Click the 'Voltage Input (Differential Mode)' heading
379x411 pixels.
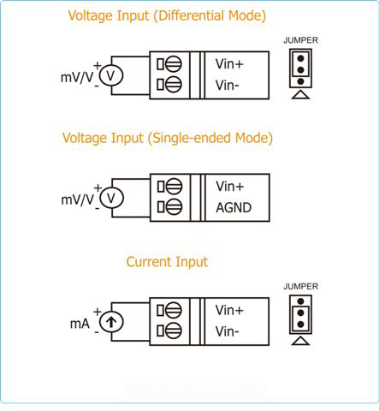[x=167, y=15]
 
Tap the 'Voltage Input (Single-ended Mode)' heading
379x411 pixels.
[x=168, y=138]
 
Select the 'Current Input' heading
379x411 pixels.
[x=167, y=262]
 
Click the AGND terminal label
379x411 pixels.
[x=234, y=207]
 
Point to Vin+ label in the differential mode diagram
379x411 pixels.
[x=229, y=64]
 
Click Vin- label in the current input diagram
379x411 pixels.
[x=228, y=331]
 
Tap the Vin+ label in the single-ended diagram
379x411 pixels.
[x=230, y=187]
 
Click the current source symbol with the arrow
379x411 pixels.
[x=111, y=322]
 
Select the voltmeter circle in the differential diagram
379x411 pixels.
[x=111, y=75]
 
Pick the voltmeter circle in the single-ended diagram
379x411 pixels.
[x=111, y=198]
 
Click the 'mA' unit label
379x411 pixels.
[x=80, y=324]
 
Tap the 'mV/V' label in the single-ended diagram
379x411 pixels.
[x=78, y=200]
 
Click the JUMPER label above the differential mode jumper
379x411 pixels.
[x=300, y=40]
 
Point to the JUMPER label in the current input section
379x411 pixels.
[x=300, y=286]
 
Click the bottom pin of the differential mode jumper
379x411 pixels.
[x=300, y=81]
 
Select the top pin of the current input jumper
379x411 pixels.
[x=300, y=301]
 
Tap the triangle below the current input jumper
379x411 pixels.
[x=300, y=341]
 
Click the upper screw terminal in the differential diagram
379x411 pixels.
[x=173, y=64]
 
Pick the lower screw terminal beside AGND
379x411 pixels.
[x=174, y=207]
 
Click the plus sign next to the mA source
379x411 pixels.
[x=98, y=312]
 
